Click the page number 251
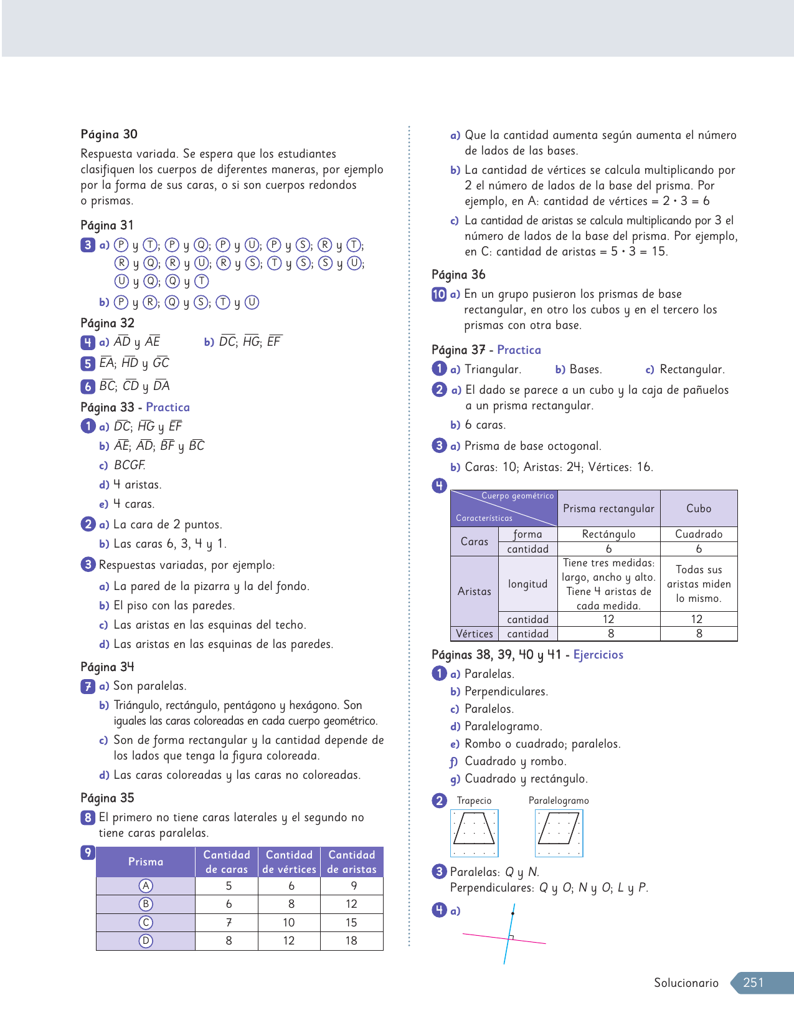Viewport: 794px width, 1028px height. click(753, 983)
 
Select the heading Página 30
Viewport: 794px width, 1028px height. click(109, 134)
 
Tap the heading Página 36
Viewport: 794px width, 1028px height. click(458, 275)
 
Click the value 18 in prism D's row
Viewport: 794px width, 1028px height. click(351, 941)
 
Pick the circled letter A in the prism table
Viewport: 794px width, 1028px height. click(146, 886)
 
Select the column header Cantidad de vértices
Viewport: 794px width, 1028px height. click(289, 862)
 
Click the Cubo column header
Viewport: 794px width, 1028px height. click(699, 508)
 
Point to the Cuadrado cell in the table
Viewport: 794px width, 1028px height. click(699, 534)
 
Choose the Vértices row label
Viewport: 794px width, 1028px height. click(474, 634)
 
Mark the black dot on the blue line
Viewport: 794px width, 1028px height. click(513, 913)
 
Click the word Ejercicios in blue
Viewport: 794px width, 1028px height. click(598, 655)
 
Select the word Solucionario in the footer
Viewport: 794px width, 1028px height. click(686, 983)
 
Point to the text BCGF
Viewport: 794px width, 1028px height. click(130, 465)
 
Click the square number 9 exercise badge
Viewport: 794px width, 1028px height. click(88, 853)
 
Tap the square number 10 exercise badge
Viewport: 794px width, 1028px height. click(439, 294)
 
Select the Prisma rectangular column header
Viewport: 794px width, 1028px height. click(608, 508)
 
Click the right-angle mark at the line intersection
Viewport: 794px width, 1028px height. click(511, 937)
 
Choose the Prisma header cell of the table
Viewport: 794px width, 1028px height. click(146, 862)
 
